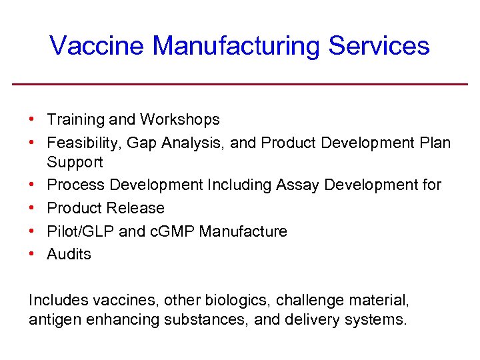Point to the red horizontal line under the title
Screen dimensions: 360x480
pyautogui.click(x=240, y=84)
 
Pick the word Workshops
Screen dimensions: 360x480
pyautogui.click(x=180, y=120)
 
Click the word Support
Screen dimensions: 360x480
pyautogui.click(x=75, y=163)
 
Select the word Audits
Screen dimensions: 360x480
pyautogui.click(x=69, y=254)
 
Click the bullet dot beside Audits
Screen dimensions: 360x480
pyautogui.click(x=32, y=253)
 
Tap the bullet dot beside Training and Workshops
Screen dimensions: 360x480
pyautogui.click(x=32, y=119)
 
